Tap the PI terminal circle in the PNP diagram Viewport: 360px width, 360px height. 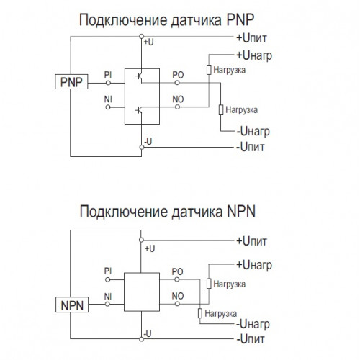(x=108, y=83)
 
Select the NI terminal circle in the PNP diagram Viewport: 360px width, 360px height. (x=108, y=107)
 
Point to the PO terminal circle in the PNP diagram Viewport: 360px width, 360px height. (x=177, y=83)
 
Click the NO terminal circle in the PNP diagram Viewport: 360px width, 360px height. (x=177, y=107)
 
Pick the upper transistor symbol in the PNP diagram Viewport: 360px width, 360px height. (x=139, y=76)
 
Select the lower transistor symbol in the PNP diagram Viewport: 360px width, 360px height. (x=139, y=110)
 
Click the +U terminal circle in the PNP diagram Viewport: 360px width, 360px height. (x=142, y=36)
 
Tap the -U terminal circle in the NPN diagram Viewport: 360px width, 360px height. (x=142, y=339)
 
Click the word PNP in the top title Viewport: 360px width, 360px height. (x=240, y=19)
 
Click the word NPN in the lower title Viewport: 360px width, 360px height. (x=241, y=211)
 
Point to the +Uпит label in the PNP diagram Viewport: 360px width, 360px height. (x=251, y=38)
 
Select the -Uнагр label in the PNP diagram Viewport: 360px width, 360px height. (x=253, y=131)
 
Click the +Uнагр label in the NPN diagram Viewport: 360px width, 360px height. (x=254, y=265)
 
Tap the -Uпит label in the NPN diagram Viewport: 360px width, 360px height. (x=251, y=339)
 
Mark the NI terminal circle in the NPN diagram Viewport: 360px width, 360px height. (x=108, y=304)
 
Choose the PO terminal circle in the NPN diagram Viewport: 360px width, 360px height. (x=177, y=279)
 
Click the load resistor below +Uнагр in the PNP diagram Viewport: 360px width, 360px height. (x=209, y=70)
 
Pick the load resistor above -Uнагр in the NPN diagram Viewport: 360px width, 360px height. (x=200, y=313)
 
